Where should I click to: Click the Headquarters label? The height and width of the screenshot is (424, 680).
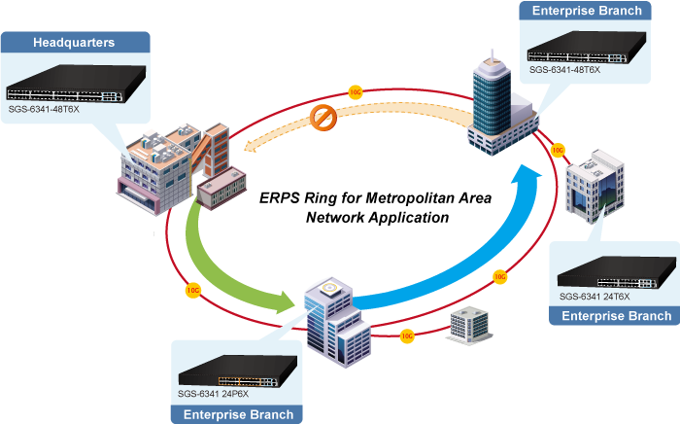tap(74, 43)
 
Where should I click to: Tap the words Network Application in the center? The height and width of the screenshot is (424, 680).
tap(377, 218)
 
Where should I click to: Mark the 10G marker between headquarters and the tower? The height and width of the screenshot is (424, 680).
tap(355, 93)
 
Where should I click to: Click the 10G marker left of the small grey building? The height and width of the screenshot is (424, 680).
tap(407, 335)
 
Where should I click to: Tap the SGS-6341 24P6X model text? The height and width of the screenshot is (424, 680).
tap(214, 395)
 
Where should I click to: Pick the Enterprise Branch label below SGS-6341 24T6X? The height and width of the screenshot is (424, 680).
tap(616, 316)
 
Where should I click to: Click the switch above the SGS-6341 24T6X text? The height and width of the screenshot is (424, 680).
tap(615, 271)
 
